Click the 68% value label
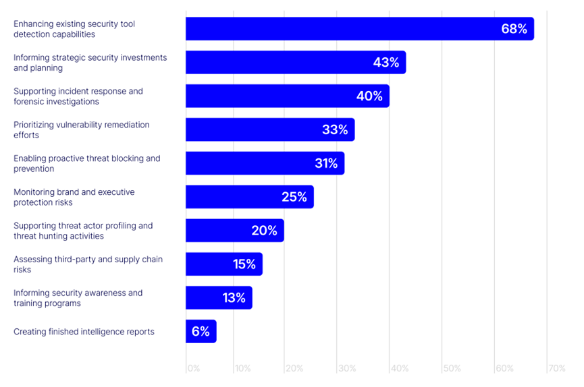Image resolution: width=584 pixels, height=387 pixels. (x=514, y=29)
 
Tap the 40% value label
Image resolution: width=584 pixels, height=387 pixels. (x=369, y=96)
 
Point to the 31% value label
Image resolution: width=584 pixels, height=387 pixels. (x=325, y=163)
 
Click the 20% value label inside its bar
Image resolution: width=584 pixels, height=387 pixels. (x=264, y=231)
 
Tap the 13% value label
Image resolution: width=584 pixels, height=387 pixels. (x=234, y=297)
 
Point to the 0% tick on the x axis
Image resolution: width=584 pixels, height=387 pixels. (x=193, y=369)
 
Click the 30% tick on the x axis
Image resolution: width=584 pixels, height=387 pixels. (x=346, y=369)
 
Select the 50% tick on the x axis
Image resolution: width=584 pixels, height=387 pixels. (x=452, y=369)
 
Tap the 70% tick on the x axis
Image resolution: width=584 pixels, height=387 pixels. (x=556, y=369)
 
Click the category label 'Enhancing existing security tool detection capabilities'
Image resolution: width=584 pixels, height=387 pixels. (x=74, y=29)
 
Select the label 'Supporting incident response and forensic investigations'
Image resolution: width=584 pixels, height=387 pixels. (x=78, y=96)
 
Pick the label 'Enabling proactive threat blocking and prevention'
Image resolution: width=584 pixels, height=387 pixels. (x=87, y=163)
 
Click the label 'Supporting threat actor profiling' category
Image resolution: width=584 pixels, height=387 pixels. (x=83, y=231)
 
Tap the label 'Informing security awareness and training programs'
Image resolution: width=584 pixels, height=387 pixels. (x=78, y=298)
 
